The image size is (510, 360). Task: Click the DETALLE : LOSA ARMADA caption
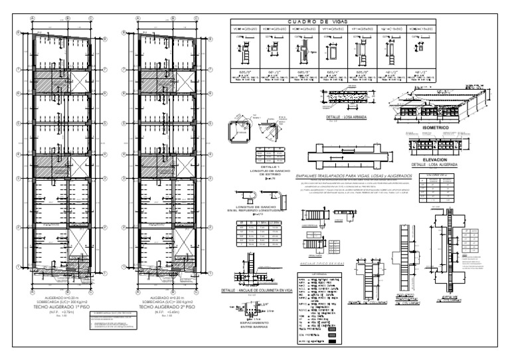coord(343,117)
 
